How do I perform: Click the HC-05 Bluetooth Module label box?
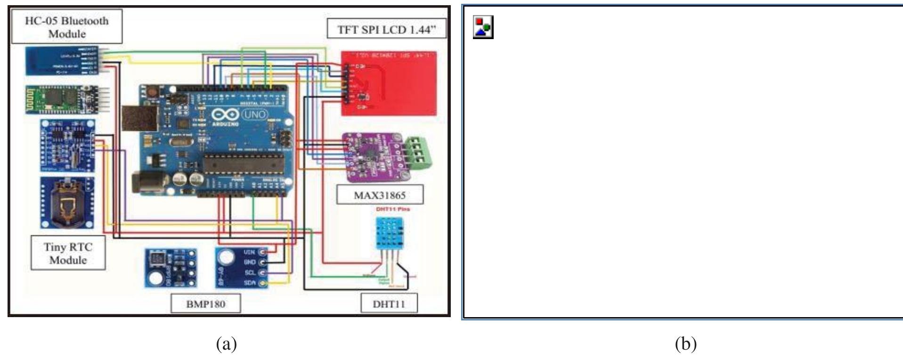(66, 27)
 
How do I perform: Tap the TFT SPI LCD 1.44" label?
(386, 30)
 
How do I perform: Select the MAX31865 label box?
(379, 195)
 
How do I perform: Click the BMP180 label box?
(205, 304)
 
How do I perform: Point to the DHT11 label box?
(389, 304)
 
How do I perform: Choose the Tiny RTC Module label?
(68, 254)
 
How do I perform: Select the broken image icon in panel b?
(483, 27)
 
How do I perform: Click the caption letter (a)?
(226, 344)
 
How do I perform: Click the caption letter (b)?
(685, 344)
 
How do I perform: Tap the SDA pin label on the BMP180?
(250, 283)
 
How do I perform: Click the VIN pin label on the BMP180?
(250, 253)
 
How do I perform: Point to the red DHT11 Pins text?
(392, 209)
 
